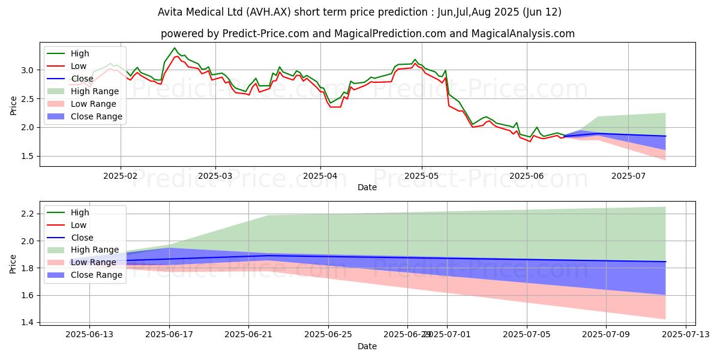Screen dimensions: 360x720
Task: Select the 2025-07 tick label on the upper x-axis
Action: click(628, 176)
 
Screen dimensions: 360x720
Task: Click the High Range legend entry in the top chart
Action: click(96, 91)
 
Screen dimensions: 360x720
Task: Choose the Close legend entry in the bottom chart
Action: click(82, 238)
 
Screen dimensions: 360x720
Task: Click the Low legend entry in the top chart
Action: click(79, 66)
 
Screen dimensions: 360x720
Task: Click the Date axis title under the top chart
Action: click(367, 187)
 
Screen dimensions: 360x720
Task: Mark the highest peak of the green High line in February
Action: click(175, 48)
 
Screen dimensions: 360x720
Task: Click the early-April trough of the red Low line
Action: click(331, 107)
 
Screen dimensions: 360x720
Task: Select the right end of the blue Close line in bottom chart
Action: click(665, 262)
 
